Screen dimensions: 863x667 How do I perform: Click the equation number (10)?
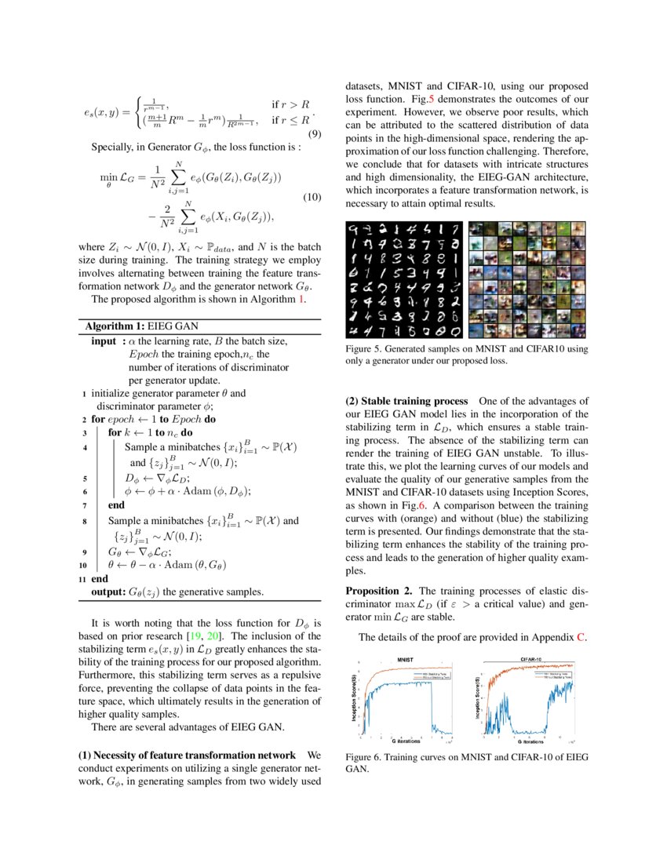(312, 197)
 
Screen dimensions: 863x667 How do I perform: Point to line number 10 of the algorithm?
(83, 563)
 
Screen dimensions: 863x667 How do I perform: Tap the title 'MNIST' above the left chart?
(406, 660)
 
